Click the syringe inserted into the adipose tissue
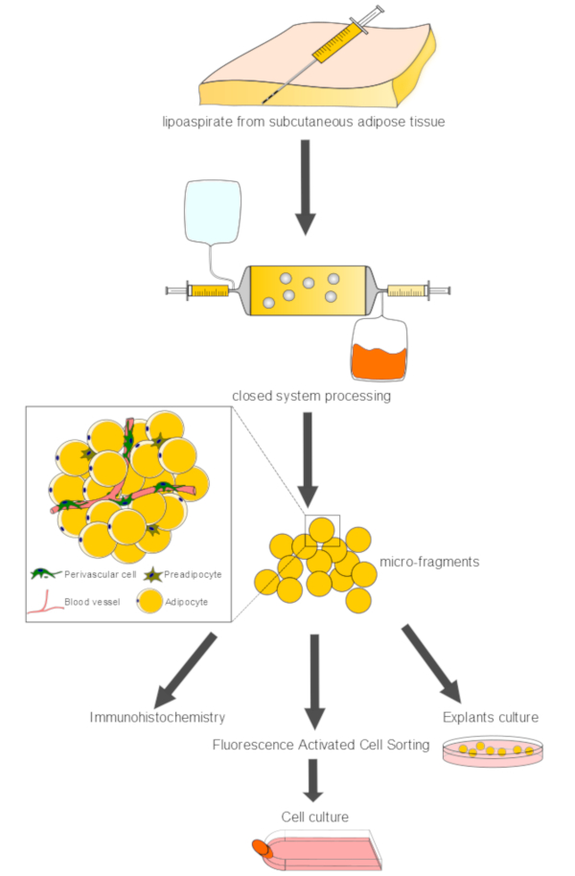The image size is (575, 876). (x=324, y=55)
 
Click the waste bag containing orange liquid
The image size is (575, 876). (x=379, y=348)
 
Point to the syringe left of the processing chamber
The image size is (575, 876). (x=199, y=290)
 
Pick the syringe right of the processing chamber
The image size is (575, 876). (x=418, y=290)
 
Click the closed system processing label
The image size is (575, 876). (x=311, y=396)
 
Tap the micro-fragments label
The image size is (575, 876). (x=429, y=562)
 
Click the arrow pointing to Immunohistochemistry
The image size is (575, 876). (x=185, y=670)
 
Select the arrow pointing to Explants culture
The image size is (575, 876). (x=432, y=663)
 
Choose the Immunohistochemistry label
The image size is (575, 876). (x=157, y=717)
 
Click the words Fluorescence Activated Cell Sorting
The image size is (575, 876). (x=321, y=745)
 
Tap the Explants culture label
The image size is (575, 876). (x=491, y=717)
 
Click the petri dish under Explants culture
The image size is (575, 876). (x=493, y=751)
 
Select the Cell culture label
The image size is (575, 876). (x=315, y=817)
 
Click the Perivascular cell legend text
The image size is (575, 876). (x=100, y=574)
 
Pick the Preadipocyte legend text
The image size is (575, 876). (x=193, y=574)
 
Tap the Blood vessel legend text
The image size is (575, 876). (x=92, y=602)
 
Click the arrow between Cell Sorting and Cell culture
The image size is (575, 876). (x=313, y=780)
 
